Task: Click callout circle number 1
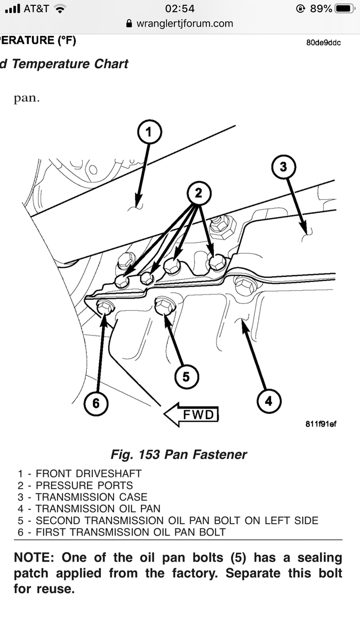[x=149, y=133]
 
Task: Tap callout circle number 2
[x=198, y=194]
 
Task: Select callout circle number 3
[x=283, y=167]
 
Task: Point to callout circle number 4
[x=268, y=401]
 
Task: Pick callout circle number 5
[x=186, y=377]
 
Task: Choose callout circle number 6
[x=95, y=403]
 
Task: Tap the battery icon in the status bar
[x=343, y=9]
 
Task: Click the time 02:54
[x=180, y=9]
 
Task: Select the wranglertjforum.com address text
[x=185, y=23]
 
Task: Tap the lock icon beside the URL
[x=129, y=23]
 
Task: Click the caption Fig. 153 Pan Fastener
[x=179, y=454]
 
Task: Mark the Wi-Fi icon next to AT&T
[x=60, y=9]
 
